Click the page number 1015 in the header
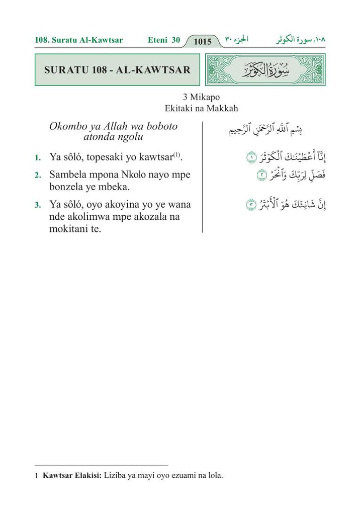203,42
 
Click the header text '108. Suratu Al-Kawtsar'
79,40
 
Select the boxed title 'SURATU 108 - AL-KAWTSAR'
117,70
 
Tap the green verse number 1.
37,158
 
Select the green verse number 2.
37,176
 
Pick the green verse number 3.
37,205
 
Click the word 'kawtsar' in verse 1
155,157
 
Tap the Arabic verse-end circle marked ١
251,158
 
